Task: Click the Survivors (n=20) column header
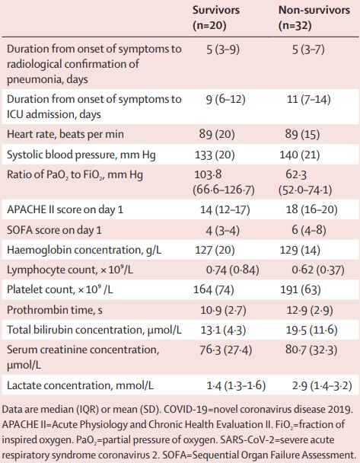(216, 18)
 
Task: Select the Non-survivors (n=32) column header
(314, 18)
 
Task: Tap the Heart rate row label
(65, 134)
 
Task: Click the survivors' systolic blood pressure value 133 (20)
(215, 155)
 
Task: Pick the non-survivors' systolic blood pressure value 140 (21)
(300, 155)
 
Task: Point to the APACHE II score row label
(65, 209)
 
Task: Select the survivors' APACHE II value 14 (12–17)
(225, 209)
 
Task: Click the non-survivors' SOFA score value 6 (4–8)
(309, 230)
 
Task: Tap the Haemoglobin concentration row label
(84, 250)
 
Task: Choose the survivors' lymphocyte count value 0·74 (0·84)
(233, 270)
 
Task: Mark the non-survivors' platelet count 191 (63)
(301, 289)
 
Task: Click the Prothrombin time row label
(55, 310)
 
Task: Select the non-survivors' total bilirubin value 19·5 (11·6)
(311, 330)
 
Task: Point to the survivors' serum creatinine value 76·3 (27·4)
(226, 350)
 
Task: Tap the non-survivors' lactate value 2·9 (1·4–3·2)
(322, 385)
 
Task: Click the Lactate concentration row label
(80, 385)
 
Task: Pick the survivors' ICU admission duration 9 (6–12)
(226, 100)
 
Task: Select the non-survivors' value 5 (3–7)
(308, 49)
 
